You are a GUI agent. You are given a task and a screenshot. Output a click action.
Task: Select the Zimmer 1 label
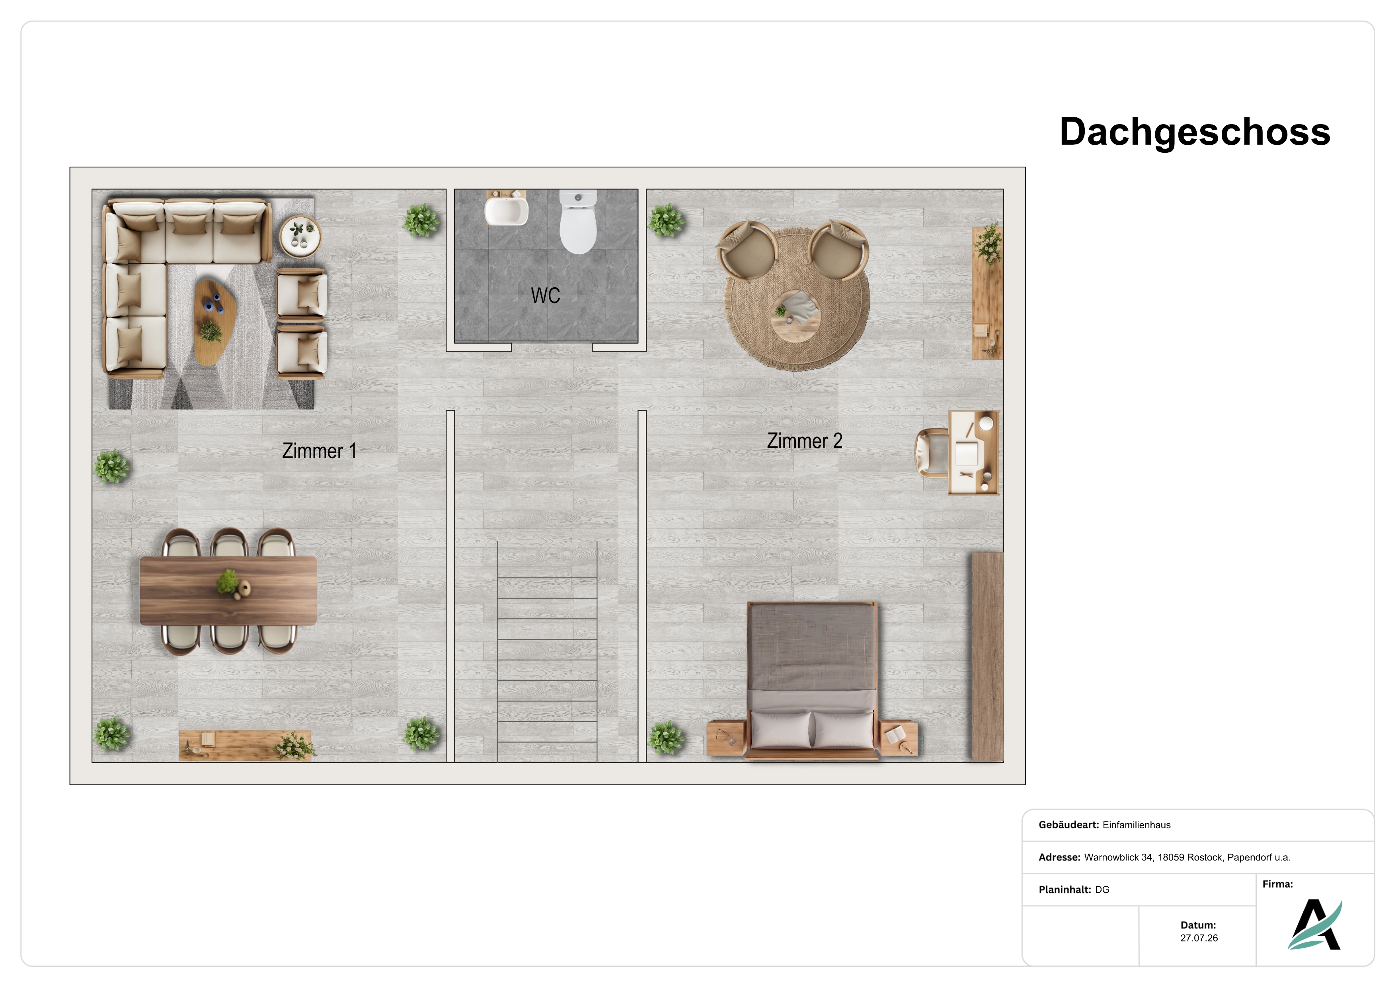[x=319, y=451]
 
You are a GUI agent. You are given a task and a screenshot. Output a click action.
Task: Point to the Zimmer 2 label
[x=804, y=441]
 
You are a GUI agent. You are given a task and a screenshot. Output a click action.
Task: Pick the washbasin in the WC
[x=507, y=208]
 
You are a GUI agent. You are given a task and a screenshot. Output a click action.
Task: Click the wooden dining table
[x=228, y=591]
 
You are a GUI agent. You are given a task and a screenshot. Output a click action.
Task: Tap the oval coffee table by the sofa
[x=215, y=322]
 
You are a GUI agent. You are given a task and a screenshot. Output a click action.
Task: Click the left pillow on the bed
[x=781, y=729]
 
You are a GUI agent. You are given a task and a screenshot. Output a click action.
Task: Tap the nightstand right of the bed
[x=899, y=738]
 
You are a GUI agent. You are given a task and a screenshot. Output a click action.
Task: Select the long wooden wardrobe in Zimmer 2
[x=987, y=656]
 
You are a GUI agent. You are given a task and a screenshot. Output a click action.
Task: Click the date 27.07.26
[x=1199, y=938]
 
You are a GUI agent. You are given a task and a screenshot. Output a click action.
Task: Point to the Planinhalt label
[x=1065, y=890]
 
